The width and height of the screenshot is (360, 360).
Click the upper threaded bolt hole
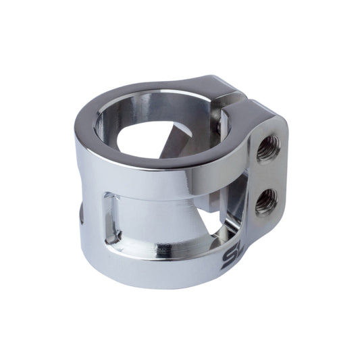click(267, 147)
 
